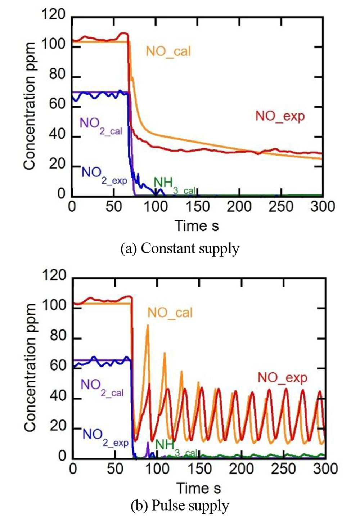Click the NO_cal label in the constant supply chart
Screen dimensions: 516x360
pos(168,51)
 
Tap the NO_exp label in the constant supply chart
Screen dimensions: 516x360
pos(280,116)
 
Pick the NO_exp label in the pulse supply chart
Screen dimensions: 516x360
pos(283,378)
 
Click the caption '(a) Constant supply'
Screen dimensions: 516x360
pos(180,249)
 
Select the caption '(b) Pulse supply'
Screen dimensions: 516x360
pos(180,506)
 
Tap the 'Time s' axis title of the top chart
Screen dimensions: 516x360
pos(197,226)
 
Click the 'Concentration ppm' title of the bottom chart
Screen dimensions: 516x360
pos(30,367)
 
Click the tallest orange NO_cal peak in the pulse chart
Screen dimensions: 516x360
pos(148,325)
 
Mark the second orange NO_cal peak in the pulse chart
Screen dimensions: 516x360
pos(165,353)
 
